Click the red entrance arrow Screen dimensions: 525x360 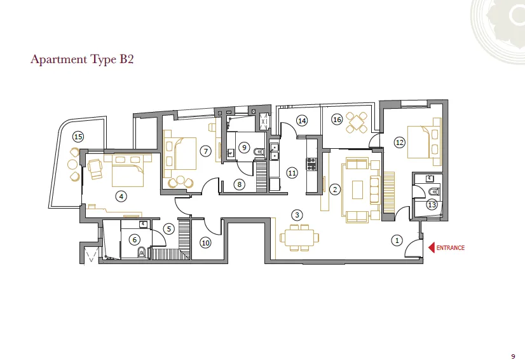(x=432, y=247)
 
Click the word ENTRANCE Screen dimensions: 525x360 (x=451, y=248)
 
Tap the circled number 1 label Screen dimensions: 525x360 (x=397, y=240)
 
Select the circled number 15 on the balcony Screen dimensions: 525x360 (x=78, y=137)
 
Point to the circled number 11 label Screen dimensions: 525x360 (x=292, y=173)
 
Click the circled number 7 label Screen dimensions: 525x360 (x=206, y=151)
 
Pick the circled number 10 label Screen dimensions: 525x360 (x=205, y=243)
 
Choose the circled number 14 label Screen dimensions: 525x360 (x=302, y=121)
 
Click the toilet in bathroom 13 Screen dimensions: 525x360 (x=434, y=192)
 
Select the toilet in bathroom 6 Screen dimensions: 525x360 (x=142, y=252)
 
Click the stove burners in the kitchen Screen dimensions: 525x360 (x=311, y=164)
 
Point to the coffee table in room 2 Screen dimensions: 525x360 (x=357, y=190)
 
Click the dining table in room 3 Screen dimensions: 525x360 (x=299, y=237)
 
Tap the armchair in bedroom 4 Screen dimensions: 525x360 (x=96, y=169)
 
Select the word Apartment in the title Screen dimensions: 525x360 (x=59, y=59)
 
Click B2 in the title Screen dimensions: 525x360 (x=126, y=59)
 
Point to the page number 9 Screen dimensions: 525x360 (x=513, y=356)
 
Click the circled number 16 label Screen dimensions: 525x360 (x=337, y=120)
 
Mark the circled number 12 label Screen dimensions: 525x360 (x=399, y=142)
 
